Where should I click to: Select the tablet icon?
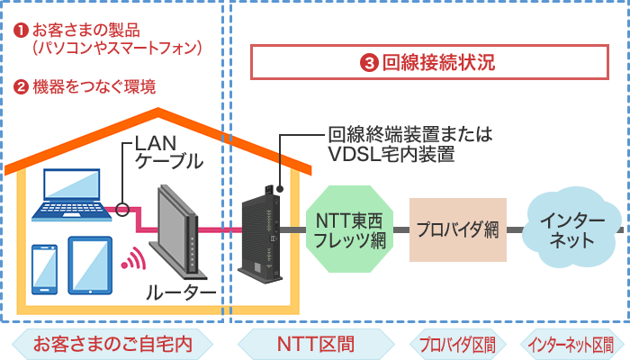[90, 262]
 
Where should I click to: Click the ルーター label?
[181, 295]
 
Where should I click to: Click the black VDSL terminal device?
[262, 225]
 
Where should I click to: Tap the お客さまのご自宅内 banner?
[112, 344]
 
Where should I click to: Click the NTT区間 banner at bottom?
[314, 344]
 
